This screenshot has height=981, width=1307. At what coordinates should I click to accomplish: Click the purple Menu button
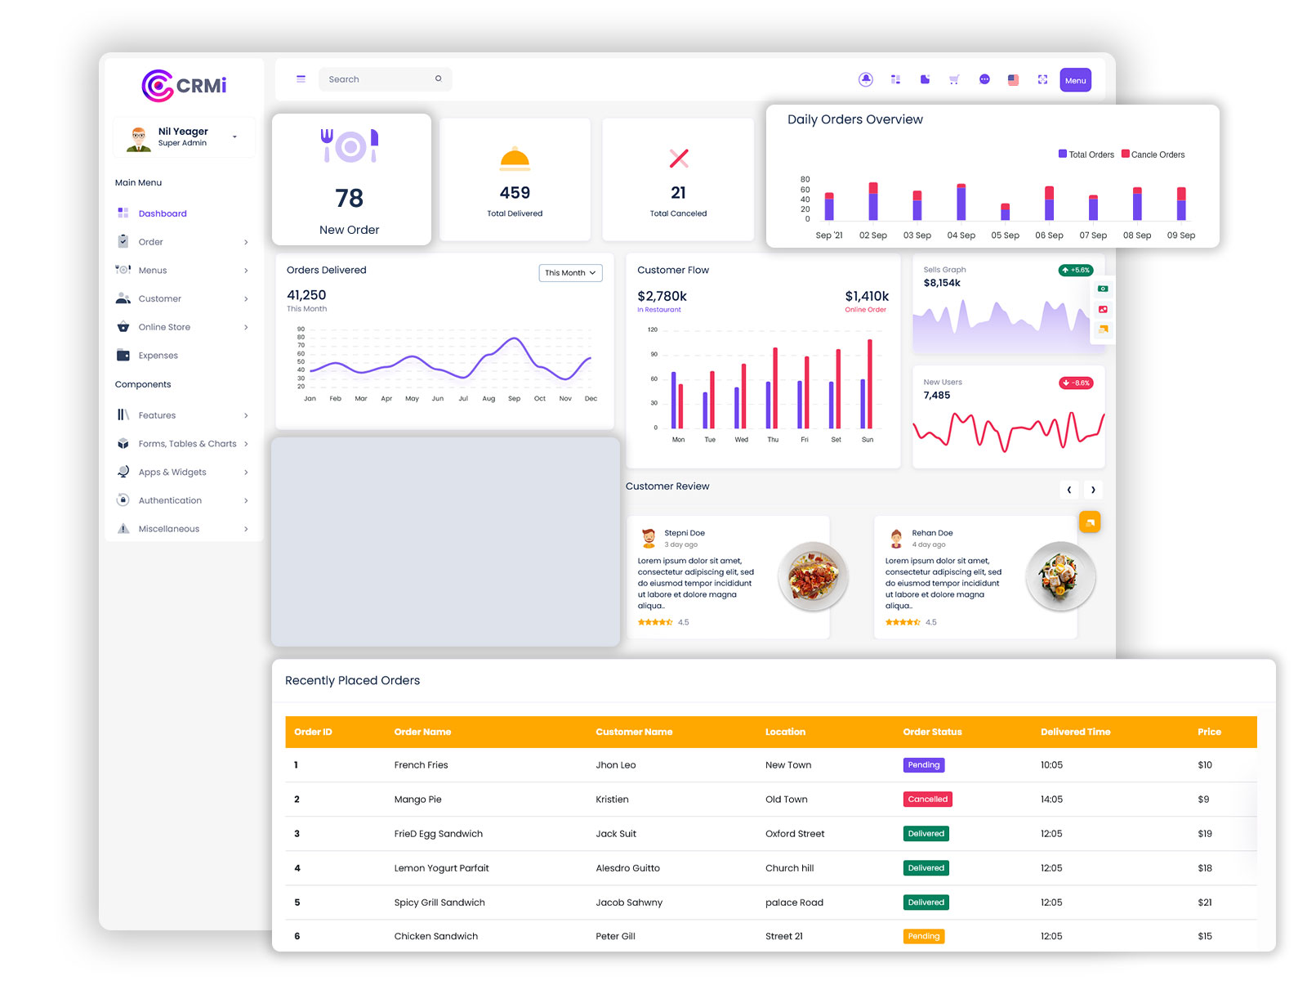point(1075,80)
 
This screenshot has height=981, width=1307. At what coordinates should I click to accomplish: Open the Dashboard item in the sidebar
point(162,213)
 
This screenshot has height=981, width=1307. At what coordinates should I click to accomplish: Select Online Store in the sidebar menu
point(164,327)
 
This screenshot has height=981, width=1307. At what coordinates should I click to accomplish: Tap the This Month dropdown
point(570,273)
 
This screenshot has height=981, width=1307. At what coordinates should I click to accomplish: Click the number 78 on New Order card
point(350,199)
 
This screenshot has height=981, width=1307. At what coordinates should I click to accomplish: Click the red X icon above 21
point(678,159)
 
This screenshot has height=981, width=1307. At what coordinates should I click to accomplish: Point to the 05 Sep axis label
point(1005,235)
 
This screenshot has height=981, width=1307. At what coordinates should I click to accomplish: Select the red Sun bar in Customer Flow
point(870,383)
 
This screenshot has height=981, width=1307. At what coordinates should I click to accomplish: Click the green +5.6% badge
point(1076,270)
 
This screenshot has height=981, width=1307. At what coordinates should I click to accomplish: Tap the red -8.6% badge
point(1076,383)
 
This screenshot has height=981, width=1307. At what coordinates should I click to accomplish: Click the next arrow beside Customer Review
point(1093,490)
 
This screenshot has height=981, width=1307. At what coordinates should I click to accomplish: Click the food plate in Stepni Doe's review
point(813,576)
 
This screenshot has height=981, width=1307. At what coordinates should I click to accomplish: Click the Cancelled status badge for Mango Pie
point(927,800)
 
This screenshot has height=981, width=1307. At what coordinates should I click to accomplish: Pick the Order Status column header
point(932,732)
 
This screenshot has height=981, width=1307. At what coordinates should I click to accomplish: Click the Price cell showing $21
point(1204,903)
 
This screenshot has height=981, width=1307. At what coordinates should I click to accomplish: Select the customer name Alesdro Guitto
point(627,868)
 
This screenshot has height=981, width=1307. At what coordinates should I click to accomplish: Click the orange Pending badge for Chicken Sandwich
point(923,936)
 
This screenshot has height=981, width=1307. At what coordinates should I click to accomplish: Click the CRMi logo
point(184,86)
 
